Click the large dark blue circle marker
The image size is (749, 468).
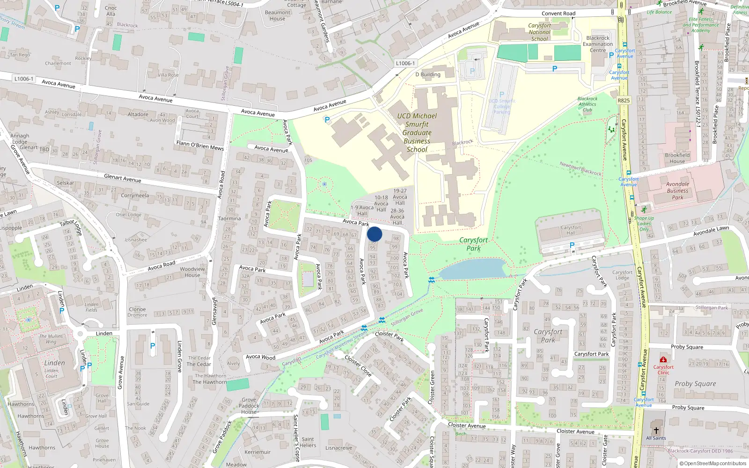374,234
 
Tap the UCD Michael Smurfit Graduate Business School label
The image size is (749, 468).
417,132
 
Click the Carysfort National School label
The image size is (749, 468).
539,32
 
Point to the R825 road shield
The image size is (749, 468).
624,101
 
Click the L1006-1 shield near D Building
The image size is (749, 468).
405,63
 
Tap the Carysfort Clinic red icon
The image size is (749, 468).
663,359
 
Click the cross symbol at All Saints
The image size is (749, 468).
656,430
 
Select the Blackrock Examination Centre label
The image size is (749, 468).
598,44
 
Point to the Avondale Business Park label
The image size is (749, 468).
677,190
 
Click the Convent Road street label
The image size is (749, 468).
558,14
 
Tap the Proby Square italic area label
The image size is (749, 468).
695,384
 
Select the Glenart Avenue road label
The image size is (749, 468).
122,178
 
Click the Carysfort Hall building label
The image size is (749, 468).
571,230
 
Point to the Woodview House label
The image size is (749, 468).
192,272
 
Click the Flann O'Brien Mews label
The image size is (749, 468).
200,145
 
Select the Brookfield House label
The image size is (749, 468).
677,158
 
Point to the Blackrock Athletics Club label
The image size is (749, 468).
587,104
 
